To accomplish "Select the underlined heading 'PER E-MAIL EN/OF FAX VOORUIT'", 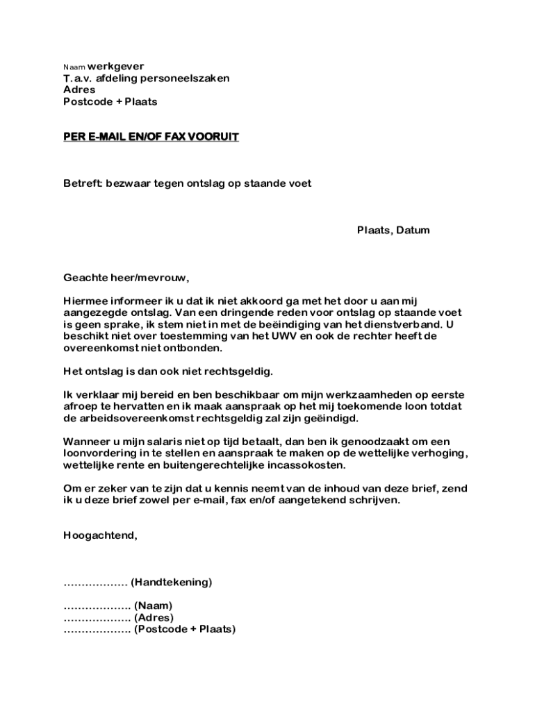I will [x=151, y=137].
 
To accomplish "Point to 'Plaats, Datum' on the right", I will [x=393, y=231].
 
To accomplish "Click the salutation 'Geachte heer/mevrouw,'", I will [x=126, y=278].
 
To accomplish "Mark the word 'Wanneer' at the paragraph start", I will [x=86, y=442].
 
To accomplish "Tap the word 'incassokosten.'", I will [x=303, y=466].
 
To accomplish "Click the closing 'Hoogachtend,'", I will [x=100, y=535].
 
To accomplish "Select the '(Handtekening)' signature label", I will [x=171, y=583].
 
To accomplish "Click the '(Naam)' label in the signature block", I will [x=153, y=606].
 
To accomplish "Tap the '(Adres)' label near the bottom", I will [x=154, y=618].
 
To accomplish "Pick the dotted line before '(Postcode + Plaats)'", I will [x=97, y=630].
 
